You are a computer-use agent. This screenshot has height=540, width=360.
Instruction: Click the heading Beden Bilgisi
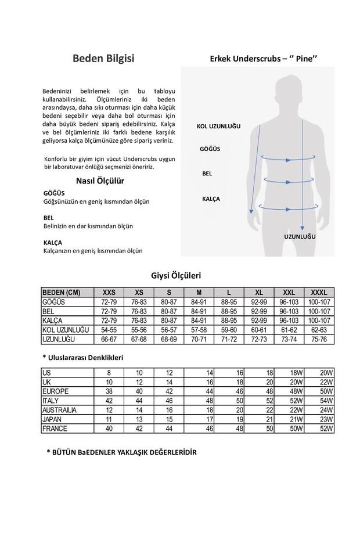point(103,59)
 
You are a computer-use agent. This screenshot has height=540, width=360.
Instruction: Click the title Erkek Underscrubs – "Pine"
point(263,59)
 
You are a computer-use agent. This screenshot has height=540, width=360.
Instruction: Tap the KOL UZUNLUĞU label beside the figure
point(218,127)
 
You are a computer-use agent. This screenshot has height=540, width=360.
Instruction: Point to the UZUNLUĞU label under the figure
point(300,237)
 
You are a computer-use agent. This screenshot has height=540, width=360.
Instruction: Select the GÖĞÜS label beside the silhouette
point(210,149)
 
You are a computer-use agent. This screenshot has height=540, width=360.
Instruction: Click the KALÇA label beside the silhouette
point(211,199)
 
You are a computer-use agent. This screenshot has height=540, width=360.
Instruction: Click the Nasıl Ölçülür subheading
point(105,181)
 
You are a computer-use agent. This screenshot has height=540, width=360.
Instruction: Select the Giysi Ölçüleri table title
point(176,276)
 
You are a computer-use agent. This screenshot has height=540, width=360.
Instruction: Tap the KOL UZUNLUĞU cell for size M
point(199,330)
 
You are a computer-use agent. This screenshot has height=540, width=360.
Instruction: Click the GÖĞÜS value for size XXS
point(109,302)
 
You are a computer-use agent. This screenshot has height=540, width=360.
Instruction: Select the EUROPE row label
point(55,391)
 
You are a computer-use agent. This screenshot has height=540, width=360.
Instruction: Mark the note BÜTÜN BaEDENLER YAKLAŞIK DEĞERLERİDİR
point(121,452)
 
